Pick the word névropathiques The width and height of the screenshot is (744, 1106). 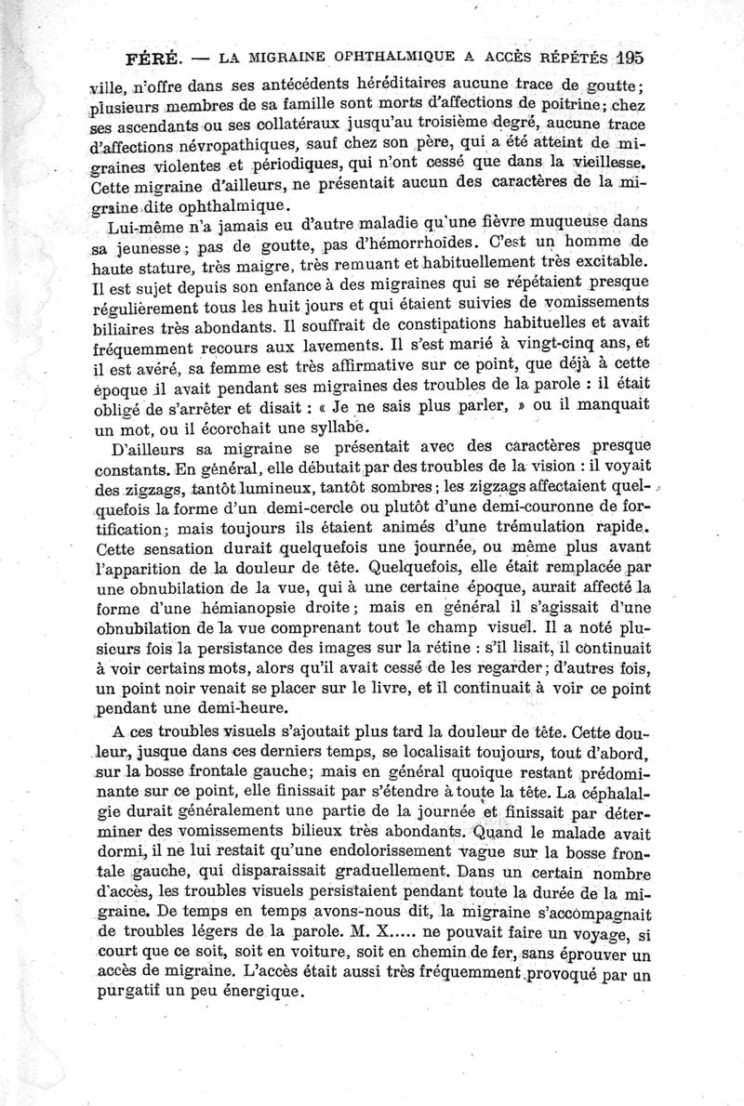point(226,145)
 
